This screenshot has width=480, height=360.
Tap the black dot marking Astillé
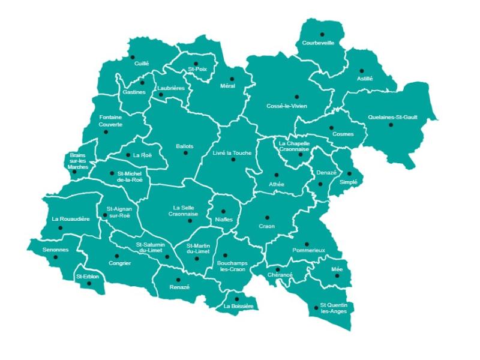362,71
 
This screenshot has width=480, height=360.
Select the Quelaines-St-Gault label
392,117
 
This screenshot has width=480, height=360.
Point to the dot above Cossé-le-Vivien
296,97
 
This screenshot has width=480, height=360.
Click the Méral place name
228,86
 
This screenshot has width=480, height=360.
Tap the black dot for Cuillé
133,57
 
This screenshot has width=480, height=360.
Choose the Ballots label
184,146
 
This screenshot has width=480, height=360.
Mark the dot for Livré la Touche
233,160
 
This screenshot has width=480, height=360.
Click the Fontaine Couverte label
111,121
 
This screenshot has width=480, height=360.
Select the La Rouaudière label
71,219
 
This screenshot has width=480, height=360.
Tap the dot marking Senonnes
56,257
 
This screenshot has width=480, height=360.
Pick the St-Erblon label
88,277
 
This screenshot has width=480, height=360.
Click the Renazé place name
179,287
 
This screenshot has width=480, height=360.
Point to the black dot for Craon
268,218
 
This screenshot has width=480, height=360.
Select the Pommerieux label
308,250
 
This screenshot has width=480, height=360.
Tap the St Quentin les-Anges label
334,308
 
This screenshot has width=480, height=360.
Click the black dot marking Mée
337,275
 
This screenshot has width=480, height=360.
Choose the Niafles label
224,220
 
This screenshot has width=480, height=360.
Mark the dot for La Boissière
237,299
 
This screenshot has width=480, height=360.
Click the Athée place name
277,184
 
